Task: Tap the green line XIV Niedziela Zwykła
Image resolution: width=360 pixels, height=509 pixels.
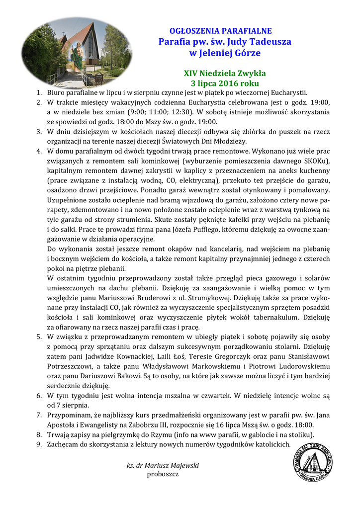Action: tap(225, 74)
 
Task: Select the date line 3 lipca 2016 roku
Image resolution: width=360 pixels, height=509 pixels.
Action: tap(225, 83)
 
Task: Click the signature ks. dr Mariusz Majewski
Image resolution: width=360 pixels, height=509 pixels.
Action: tap(163, 465)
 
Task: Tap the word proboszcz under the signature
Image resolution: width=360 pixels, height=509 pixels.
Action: tap(163, 474)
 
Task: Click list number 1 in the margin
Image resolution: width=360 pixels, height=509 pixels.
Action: tap(39, 92)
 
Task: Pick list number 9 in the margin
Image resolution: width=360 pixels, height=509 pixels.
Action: tap(39, 444)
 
